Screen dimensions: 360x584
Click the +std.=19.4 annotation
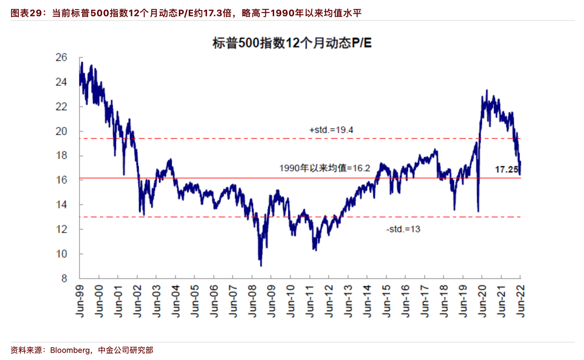click(331, 130)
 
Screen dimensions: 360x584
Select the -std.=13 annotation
click(403, 230)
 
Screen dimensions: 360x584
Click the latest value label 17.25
click(506, 170)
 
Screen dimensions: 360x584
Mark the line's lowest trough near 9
click(261, 266)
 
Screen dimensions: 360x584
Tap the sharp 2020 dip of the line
click(478, 211)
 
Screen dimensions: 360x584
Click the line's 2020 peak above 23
click(487, 90)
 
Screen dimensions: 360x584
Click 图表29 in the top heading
click(26, 13)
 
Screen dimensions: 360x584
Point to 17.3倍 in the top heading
click(216, 13)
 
